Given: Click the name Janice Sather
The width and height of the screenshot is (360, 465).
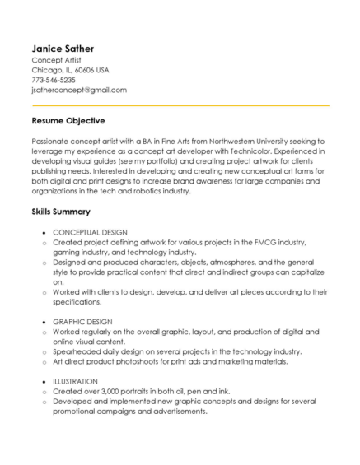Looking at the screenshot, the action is (63, 49).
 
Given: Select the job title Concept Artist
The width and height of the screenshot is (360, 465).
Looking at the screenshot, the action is (56, 60).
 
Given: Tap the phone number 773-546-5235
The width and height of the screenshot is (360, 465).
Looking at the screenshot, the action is (54, 80).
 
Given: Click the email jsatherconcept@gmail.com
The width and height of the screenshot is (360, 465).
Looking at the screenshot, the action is (79, 90).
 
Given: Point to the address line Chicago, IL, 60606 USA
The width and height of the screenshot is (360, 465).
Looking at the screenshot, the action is (70, 70).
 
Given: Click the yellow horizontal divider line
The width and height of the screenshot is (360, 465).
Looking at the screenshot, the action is (180, 105).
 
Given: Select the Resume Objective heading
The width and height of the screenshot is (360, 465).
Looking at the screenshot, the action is (68, 121).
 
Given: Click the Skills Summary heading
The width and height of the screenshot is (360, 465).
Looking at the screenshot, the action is (61, 212).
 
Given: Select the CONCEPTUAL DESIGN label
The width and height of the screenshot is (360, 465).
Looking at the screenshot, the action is (90, 233).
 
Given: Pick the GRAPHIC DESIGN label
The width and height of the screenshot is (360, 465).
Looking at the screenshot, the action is (82, 321).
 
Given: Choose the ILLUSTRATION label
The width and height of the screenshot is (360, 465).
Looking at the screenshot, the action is (75, 381).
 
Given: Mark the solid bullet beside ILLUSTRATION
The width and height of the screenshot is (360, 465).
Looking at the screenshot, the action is (44, 382).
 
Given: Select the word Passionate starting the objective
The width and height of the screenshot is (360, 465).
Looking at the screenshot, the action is (51, 142).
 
